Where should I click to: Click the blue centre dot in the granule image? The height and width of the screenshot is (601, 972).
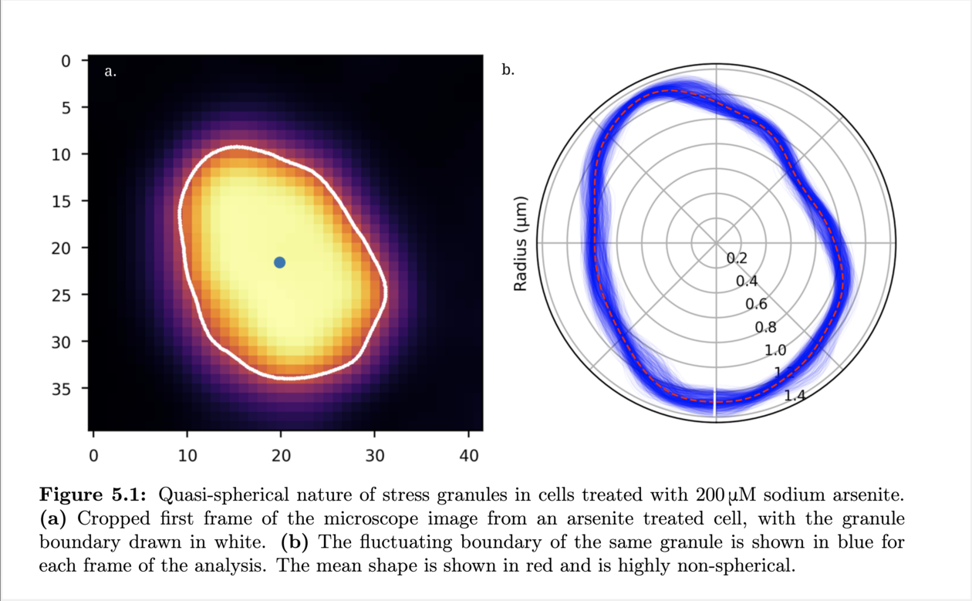pyautogui.click(x=279, y=262)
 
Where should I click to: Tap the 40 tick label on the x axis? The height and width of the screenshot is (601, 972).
pyautogui.click(x=469, y=456)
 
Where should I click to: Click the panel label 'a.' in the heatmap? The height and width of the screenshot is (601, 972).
pyautogui.click(x=110, y=72)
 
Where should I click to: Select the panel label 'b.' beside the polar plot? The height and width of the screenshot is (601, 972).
pyautogui.click(x=508, y=70)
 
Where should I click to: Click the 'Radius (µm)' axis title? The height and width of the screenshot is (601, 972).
pyautogui.click(x=521, y=244)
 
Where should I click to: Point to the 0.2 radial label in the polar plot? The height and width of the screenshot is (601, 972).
pyautogui.click(x=737, y=258)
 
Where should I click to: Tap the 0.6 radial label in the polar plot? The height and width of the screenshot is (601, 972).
pyautogui.click(x=756, y=304)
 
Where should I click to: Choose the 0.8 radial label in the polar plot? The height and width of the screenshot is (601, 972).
pyautogui.click(x=766, y=328)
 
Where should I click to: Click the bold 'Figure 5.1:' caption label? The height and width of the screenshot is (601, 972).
pyautogui.click(x=96, y=494)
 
